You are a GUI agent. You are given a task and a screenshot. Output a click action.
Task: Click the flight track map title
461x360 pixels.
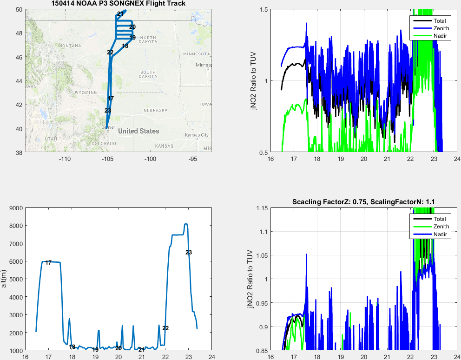point(118,4)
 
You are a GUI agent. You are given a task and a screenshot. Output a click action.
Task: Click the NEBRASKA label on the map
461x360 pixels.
point(155,110)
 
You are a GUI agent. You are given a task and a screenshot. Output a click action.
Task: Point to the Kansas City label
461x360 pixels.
point(196,135)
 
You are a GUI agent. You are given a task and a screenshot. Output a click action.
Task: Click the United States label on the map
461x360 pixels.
point(138,131)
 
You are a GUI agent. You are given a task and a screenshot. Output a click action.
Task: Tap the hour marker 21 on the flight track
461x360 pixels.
point(120,13)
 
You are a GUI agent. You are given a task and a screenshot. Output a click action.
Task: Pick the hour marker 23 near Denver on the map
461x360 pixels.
point(108,111)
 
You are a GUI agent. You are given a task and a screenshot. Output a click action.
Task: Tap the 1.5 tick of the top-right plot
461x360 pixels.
point(263,9)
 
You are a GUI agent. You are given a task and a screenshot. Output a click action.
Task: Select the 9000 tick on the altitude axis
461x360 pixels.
point(16,208)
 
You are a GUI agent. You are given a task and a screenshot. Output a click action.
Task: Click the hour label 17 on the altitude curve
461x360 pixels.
point(48,263)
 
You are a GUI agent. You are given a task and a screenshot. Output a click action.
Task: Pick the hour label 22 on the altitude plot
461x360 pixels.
point(165,328)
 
